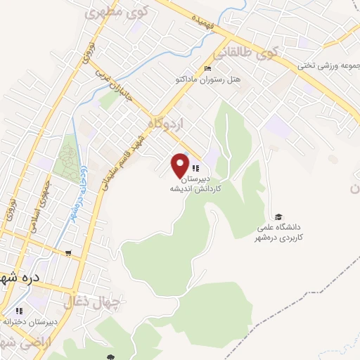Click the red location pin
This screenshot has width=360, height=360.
[180, 164]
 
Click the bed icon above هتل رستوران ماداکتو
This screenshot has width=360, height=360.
[207, 68]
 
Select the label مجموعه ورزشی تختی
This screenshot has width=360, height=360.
[330, 66]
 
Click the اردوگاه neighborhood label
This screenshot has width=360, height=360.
[165, 124]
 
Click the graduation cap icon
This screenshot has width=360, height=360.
[278, 217]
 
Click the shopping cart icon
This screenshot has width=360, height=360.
[67, 254]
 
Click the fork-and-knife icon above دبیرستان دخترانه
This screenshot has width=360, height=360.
[20, 310]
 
